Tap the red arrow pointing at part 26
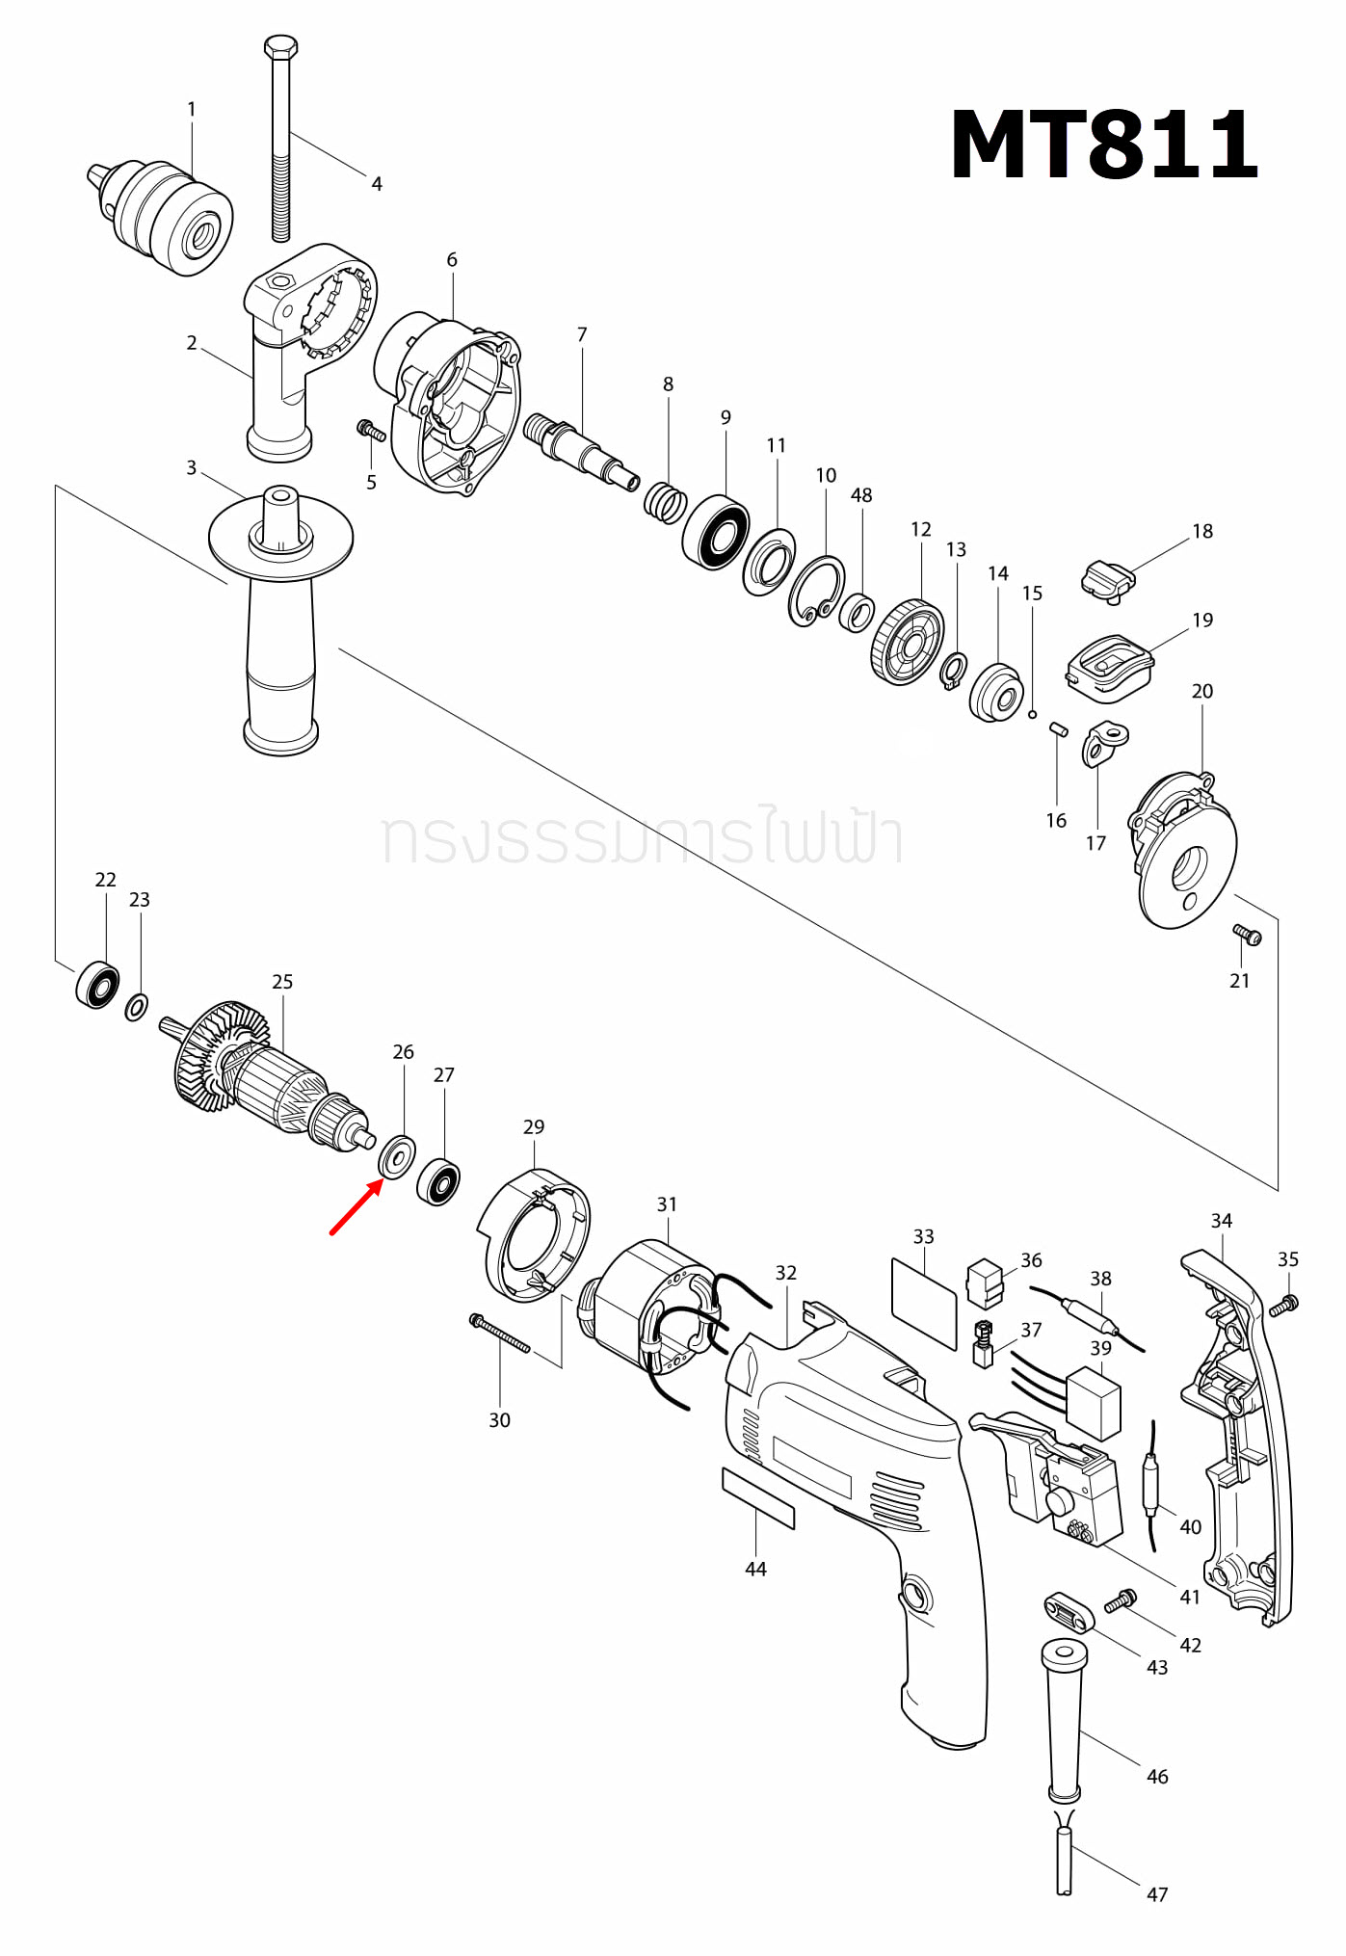click(x=355, y=1209)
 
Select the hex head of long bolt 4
click(x=280, y=46)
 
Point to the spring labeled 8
click(x=665, y=502)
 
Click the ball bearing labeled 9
click(x=716, y=532)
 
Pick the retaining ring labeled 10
click(x=816, y=590)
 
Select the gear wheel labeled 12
click(x=907, y=642)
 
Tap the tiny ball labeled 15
click(x=1032, y=714)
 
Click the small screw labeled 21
click(x=1247, y=934)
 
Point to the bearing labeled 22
click(x=97, y=984)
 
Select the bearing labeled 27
click(x=438, y=1182)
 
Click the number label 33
click(x=923, y=1236)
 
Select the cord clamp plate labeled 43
click(x=1069, y=1612)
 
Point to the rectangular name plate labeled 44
click(x=758, y=1498)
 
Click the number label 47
click(x=1157, y=1894)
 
